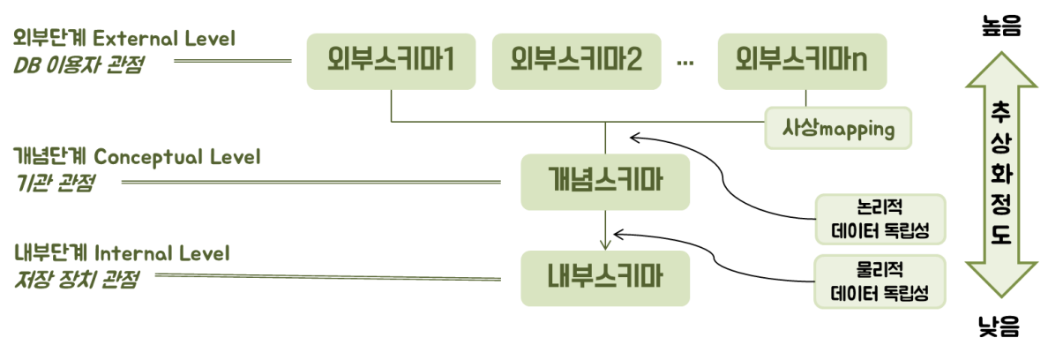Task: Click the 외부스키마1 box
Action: [x=391, y=61]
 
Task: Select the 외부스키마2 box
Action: [x=576, y=61]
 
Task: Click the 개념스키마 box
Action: [x=604, y=181]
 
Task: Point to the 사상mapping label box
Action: [x=837, y=129]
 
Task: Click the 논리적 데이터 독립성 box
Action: [x=881, y=218]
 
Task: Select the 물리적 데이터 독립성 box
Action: [x=881, y=280]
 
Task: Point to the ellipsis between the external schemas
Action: [x=685, y=62]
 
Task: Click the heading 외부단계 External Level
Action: [x=124, y=39]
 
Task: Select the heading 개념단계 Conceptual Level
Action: [x=137, y=157]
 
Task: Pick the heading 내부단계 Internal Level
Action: [x=122, y=253]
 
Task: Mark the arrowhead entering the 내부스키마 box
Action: [x=604, y=247]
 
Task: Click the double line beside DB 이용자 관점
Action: [x=232, y=61]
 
